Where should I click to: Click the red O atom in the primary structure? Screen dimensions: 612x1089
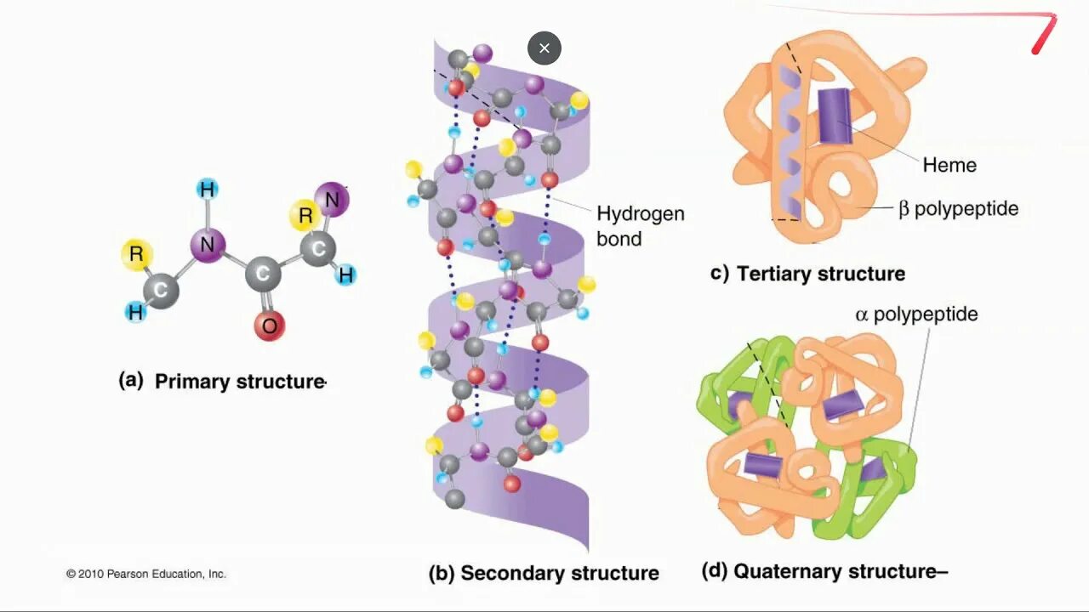(x=269, y=325)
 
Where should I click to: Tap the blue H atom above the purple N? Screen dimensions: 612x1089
(x=207, y=190)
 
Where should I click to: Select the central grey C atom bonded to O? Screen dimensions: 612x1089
(x=264, y=275)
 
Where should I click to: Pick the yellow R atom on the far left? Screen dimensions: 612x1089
(x=136, y=254)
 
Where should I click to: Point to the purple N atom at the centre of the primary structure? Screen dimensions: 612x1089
(x=207, y=246)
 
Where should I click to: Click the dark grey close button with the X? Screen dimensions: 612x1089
(x=544, y=48)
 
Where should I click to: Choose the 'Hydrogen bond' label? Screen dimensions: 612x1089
(x=640, y=226)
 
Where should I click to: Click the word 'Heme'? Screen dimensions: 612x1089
(x=949, y=165)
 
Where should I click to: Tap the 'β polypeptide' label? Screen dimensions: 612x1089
(x=958, y=208)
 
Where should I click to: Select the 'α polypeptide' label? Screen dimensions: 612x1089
(x=916, y=314)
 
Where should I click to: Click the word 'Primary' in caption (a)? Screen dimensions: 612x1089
(x=192, y=382)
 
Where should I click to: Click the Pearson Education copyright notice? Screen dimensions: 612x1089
(x=146, y=574)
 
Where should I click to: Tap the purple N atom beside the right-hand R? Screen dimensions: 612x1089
(x=332, y=201)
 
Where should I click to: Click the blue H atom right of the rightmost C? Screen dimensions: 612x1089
(x=346, y=275)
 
